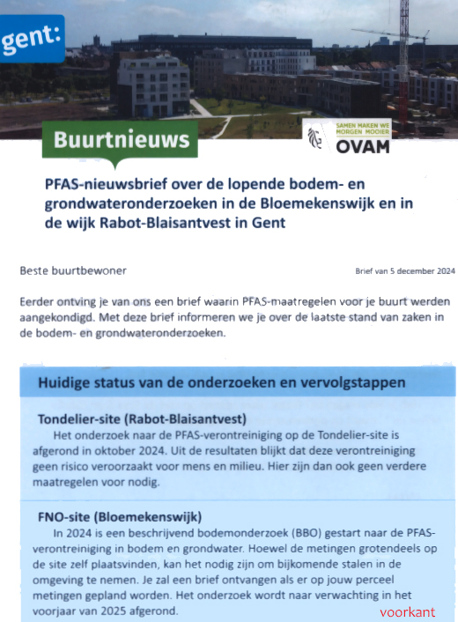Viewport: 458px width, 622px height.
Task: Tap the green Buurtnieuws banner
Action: (x=121, y=139)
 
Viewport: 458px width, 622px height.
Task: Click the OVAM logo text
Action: (x=362, y=146)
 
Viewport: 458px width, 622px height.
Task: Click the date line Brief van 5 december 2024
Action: (x=405, y=272)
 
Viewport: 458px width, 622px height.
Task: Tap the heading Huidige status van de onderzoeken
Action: (x=221, y=383)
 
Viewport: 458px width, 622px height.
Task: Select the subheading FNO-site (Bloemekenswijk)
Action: (x=121, y=516)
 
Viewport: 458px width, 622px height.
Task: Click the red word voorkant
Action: (x=408, y=611)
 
